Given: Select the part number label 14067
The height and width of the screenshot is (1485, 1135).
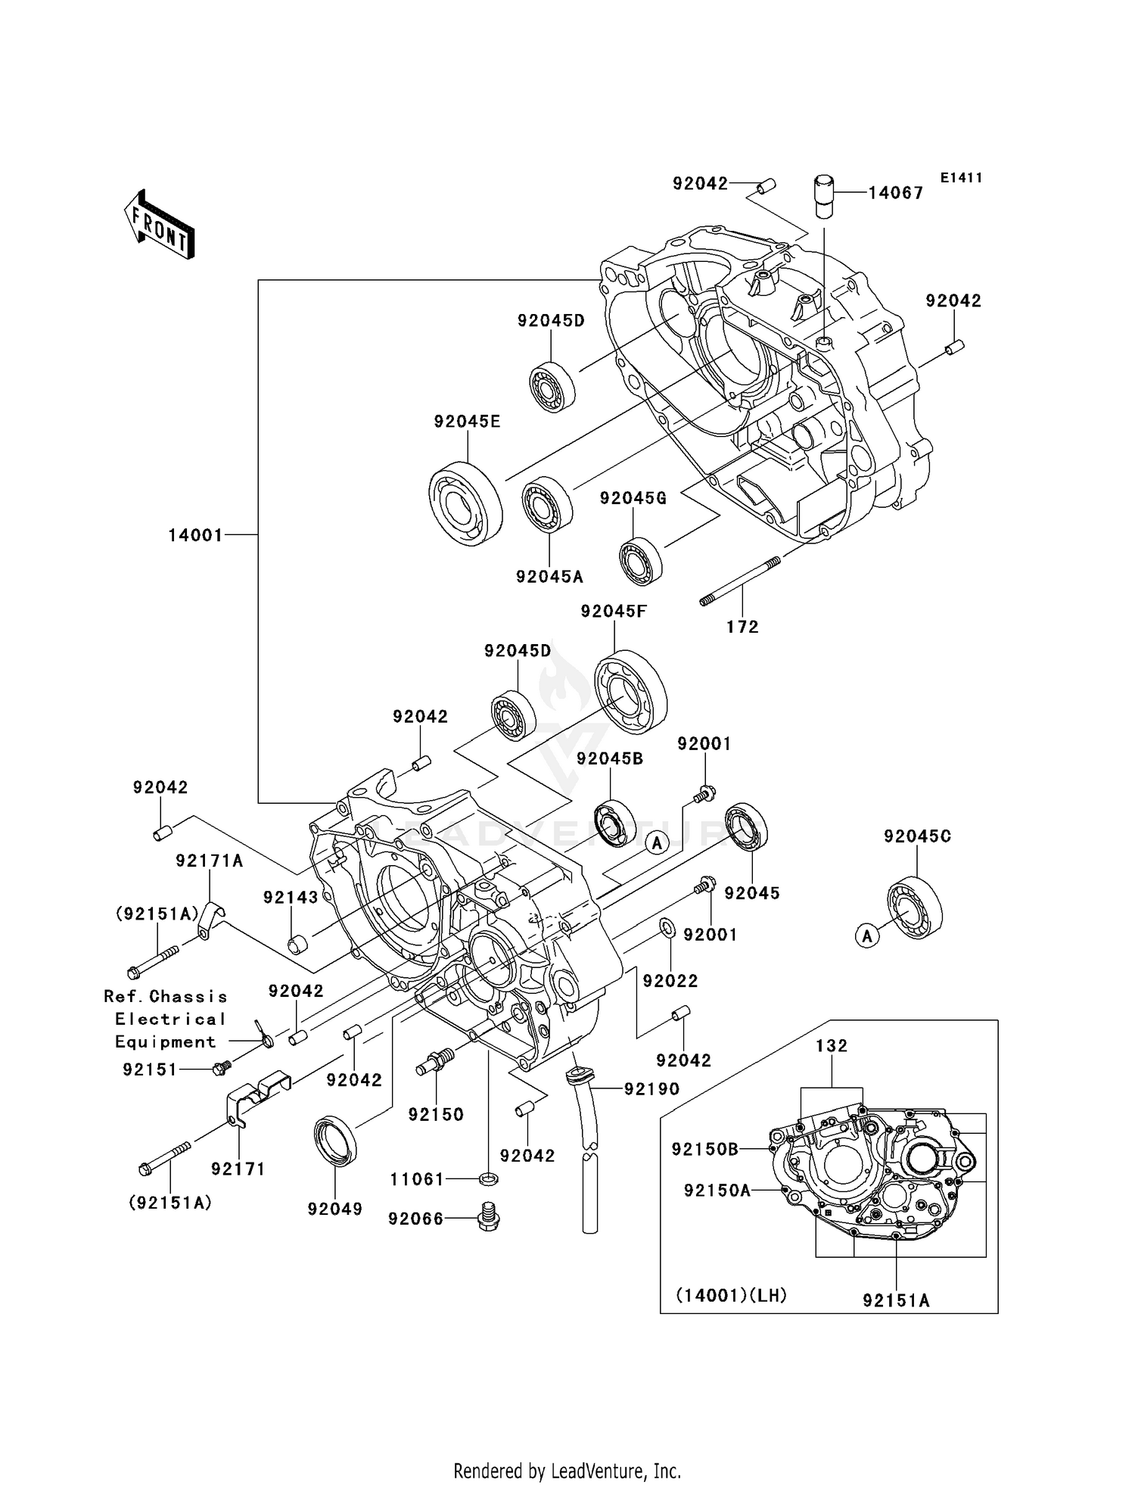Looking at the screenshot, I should [895, 193].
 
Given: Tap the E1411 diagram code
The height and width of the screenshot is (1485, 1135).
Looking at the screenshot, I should [961, 178].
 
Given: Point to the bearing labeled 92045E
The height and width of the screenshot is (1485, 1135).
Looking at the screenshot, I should [466, 502].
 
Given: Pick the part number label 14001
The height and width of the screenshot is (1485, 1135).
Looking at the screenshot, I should [195, 536].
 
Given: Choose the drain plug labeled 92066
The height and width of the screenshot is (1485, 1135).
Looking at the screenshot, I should [489, 1218].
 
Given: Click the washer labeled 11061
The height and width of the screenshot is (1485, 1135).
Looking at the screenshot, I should [489, 1178].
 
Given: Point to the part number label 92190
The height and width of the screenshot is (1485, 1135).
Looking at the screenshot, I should [651, 1089].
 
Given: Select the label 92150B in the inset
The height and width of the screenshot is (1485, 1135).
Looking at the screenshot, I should [704, 1150].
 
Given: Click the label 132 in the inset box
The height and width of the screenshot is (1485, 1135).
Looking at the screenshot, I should [832, 1046].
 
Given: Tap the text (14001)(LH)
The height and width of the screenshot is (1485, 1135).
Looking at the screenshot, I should [731, 1296].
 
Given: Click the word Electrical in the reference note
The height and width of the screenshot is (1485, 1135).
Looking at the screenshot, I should [170, 1020].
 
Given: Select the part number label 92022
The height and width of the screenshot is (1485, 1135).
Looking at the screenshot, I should [670, 981].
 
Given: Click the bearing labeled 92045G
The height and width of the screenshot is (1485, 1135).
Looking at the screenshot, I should [641, 561].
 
